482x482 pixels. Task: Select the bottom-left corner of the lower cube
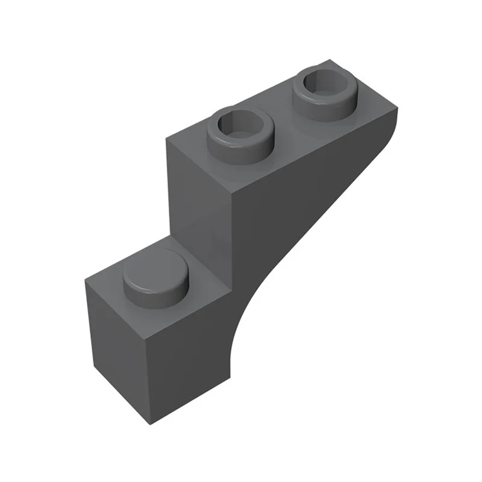coord(95,368)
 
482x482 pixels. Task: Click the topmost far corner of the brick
coord(331,60)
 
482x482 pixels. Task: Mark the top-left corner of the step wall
coord(167,138)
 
